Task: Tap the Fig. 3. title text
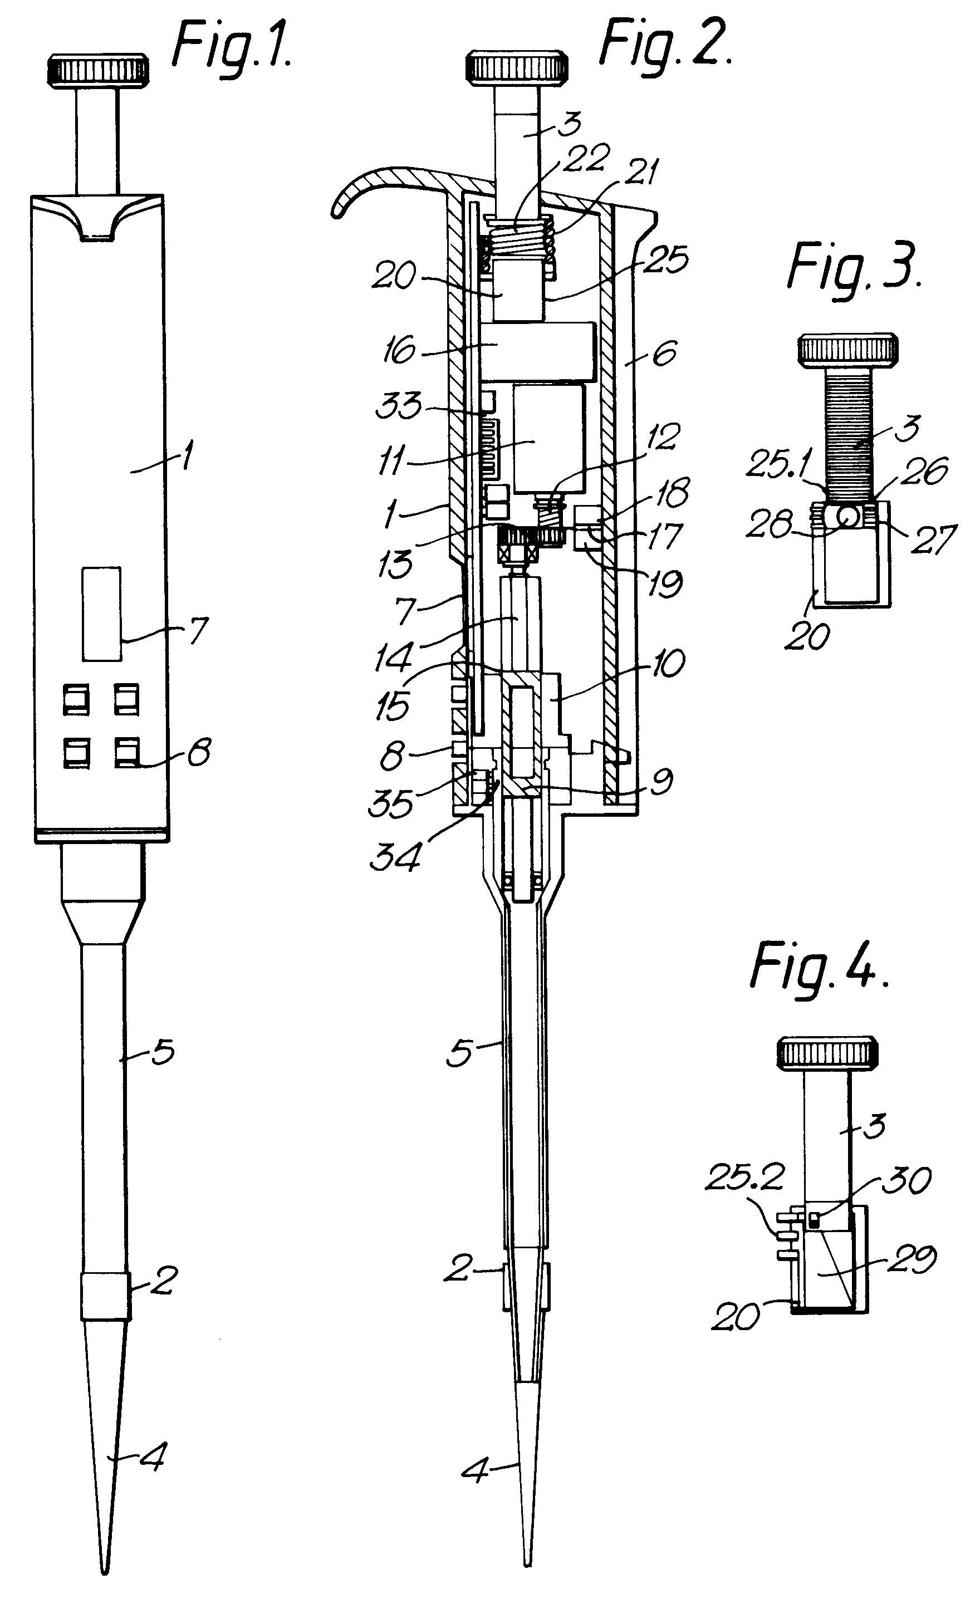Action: pyautogui.click(x=854, y=267)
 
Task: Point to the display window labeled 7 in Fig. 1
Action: pyautogui.click(x=102, y=614)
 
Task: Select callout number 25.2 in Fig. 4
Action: pyautogui.click(x=744, y=1176)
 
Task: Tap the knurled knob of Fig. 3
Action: pyautogui.click(x=847, y=350)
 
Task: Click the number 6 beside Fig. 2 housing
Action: pyautogui.click(x=664, y=354)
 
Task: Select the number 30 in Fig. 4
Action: pyautogui.click(x=906, y=1179)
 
